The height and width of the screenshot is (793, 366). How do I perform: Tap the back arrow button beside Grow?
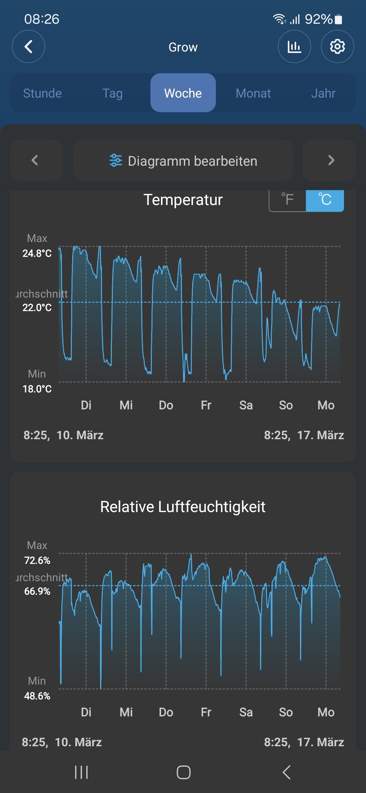(x=28, y=46)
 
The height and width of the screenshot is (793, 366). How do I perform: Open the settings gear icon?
(x=337, y=46)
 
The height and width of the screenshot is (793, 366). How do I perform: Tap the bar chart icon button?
(x=294, y=46)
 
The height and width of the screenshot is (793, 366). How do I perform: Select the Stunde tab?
(x=42, y=93)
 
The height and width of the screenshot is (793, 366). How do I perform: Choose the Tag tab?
(x=113, y=93)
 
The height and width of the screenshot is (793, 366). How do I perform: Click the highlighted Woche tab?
(x=183, y=93)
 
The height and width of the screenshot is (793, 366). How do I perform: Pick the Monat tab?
(x=253, y=93)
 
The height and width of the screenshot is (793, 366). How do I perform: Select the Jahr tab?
(x=323, y=93)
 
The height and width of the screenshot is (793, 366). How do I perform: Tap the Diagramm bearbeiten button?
(x=183, y=161)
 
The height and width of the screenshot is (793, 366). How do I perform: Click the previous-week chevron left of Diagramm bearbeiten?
(x=35, y=160)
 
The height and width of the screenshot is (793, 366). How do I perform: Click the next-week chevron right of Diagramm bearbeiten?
(x=331, y=160)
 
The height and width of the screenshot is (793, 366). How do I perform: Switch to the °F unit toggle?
(x=288, y=200)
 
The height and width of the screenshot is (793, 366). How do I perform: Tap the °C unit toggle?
(x=325, y=200)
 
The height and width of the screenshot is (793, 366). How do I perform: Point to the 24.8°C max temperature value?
(x=37, y=253)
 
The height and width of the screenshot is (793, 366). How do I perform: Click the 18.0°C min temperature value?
(x=37, y=389)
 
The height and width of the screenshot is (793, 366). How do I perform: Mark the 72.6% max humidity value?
(x=37, y=561)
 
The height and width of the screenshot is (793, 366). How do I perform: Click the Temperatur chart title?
(x=183, y=200)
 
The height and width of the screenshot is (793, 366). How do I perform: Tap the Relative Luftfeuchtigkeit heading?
(x=183, y=507)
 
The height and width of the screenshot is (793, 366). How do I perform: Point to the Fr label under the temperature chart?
(x=206, y=405)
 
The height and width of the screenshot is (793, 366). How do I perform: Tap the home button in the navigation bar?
(x=183, y=772)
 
